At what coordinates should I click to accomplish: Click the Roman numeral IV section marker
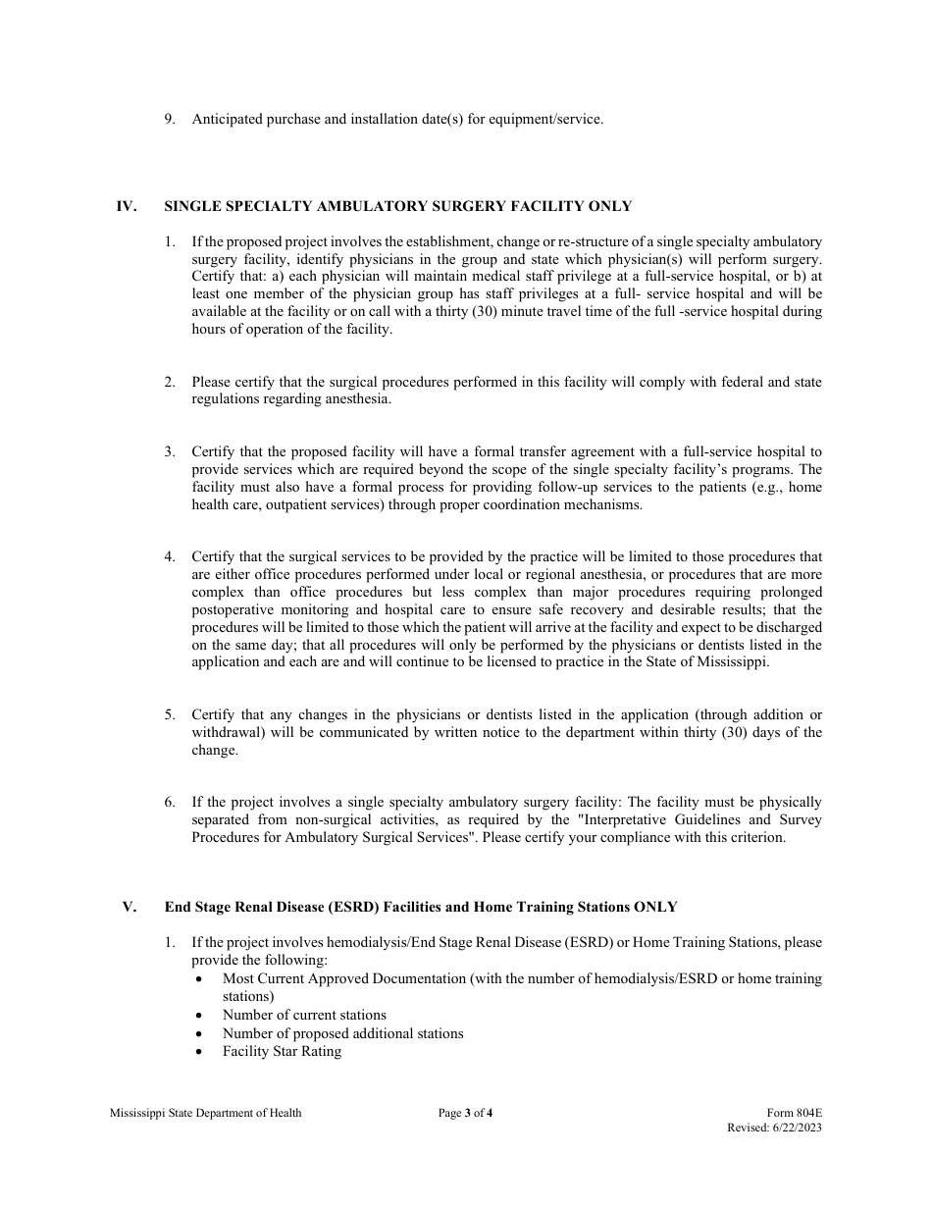(126, 206)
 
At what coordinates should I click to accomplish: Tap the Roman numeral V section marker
(129, 907)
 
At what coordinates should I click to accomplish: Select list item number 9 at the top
(169, 120)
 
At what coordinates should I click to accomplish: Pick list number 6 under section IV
(169, 803)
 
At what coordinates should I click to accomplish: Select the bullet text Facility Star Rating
(282, 1051)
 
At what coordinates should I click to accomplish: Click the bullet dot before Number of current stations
(200, 1016)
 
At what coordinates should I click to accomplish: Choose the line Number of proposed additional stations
(342, 1033)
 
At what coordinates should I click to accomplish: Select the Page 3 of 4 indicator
(465, 1113)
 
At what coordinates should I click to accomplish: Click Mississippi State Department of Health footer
(206, 1113)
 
